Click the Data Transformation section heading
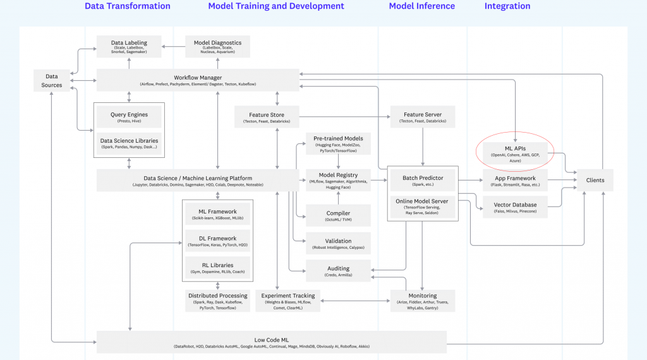click(x=128, y=6)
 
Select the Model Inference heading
click(x=421, y=6)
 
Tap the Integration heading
click(x=507, y=6)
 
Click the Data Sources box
click(x=52, y=80)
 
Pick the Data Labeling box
click(x=130, y=46)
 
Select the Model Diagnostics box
click(x=217, y=46)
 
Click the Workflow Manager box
click(x=198, y=80)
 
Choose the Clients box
click(x=595, y=180)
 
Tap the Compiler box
click(x=338, y=216)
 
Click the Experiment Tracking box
click(x=288, y=301)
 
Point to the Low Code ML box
click(x=272, y=342)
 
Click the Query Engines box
click(x=129, y=117)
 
